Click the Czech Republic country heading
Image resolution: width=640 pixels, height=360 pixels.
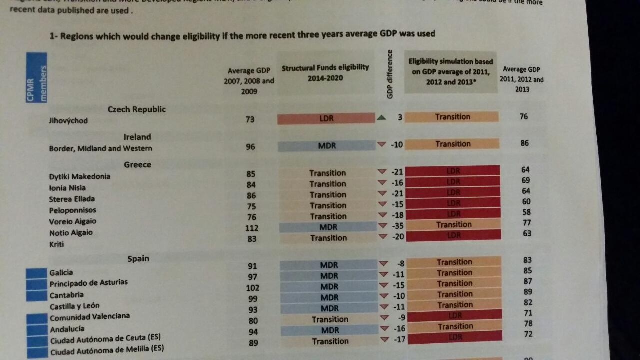(136, 109)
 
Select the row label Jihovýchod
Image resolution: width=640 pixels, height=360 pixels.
(68, 120)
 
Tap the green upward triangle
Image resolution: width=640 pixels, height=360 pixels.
(382, 118)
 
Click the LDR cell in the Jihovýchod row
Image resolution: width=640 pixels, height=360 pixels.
(326, 118)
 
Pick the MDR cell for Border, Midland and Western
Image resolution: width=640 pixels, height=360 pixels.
(327, 146)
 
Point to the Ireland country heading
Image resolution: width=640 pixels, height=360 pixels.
(137, 137)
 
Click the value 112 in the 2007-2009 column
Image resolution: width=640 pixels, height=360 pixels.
(252, 228)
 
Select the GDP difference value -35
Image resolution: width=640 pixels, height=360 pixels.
(397, 226)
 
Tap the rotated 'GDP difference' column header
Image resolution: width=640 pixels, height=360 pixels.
(390, 74)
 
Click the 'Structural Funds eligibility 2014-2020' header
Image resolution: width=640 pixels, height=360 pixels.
(325, 72)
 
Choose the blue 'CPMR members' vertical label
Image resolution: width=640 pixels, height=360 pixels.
(37, 77)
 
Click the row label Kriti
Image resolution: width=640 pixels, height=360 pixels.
(56, 244)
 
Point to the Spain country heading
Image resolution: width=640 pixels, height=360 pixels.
(138, 258)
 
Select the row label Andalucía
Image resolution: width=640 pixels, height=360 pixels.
(67, 329)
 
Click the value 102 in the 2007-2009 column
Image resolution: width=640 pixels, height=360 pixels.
(253, 288)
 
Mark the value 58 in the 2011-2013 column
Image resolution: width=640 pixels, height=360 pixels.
(526, 212)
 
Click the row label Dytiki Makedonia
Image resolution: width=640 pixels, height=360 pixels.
(80, 176)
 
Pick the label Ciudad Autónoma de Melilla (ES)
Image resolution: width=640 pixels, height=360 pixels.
(107, 349)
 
